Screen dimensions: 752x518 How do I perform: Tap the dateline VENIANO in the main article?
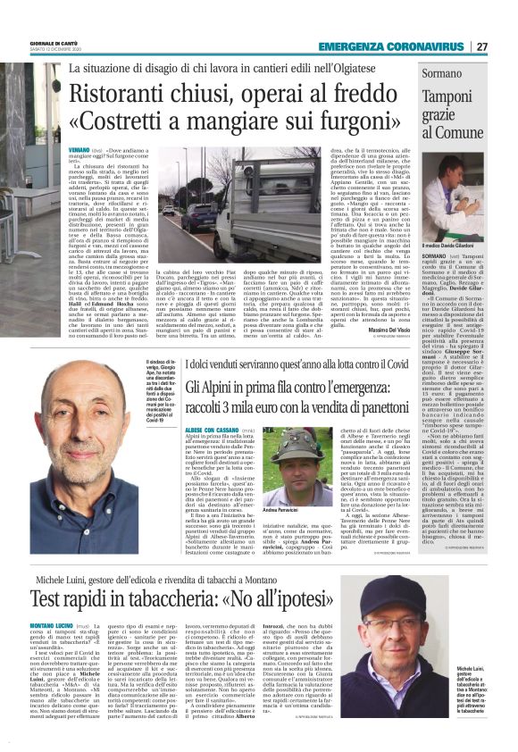79,152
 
